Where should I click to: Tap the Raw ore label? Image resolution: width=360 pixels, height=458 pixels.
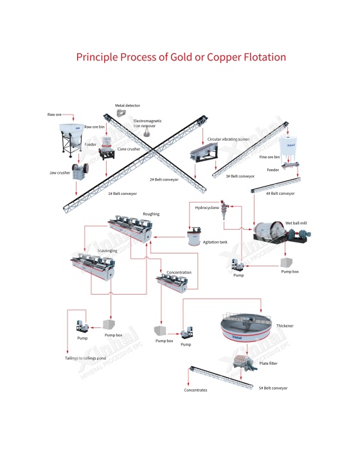[55, 114]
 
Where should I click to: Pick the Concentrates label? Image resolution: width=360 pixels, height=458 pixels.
[195, 390]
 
